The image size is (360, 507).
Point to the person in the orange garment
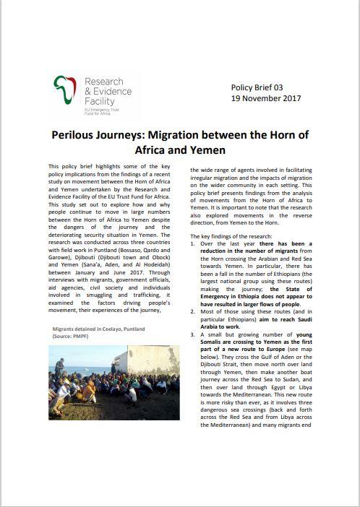(90, 391)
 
